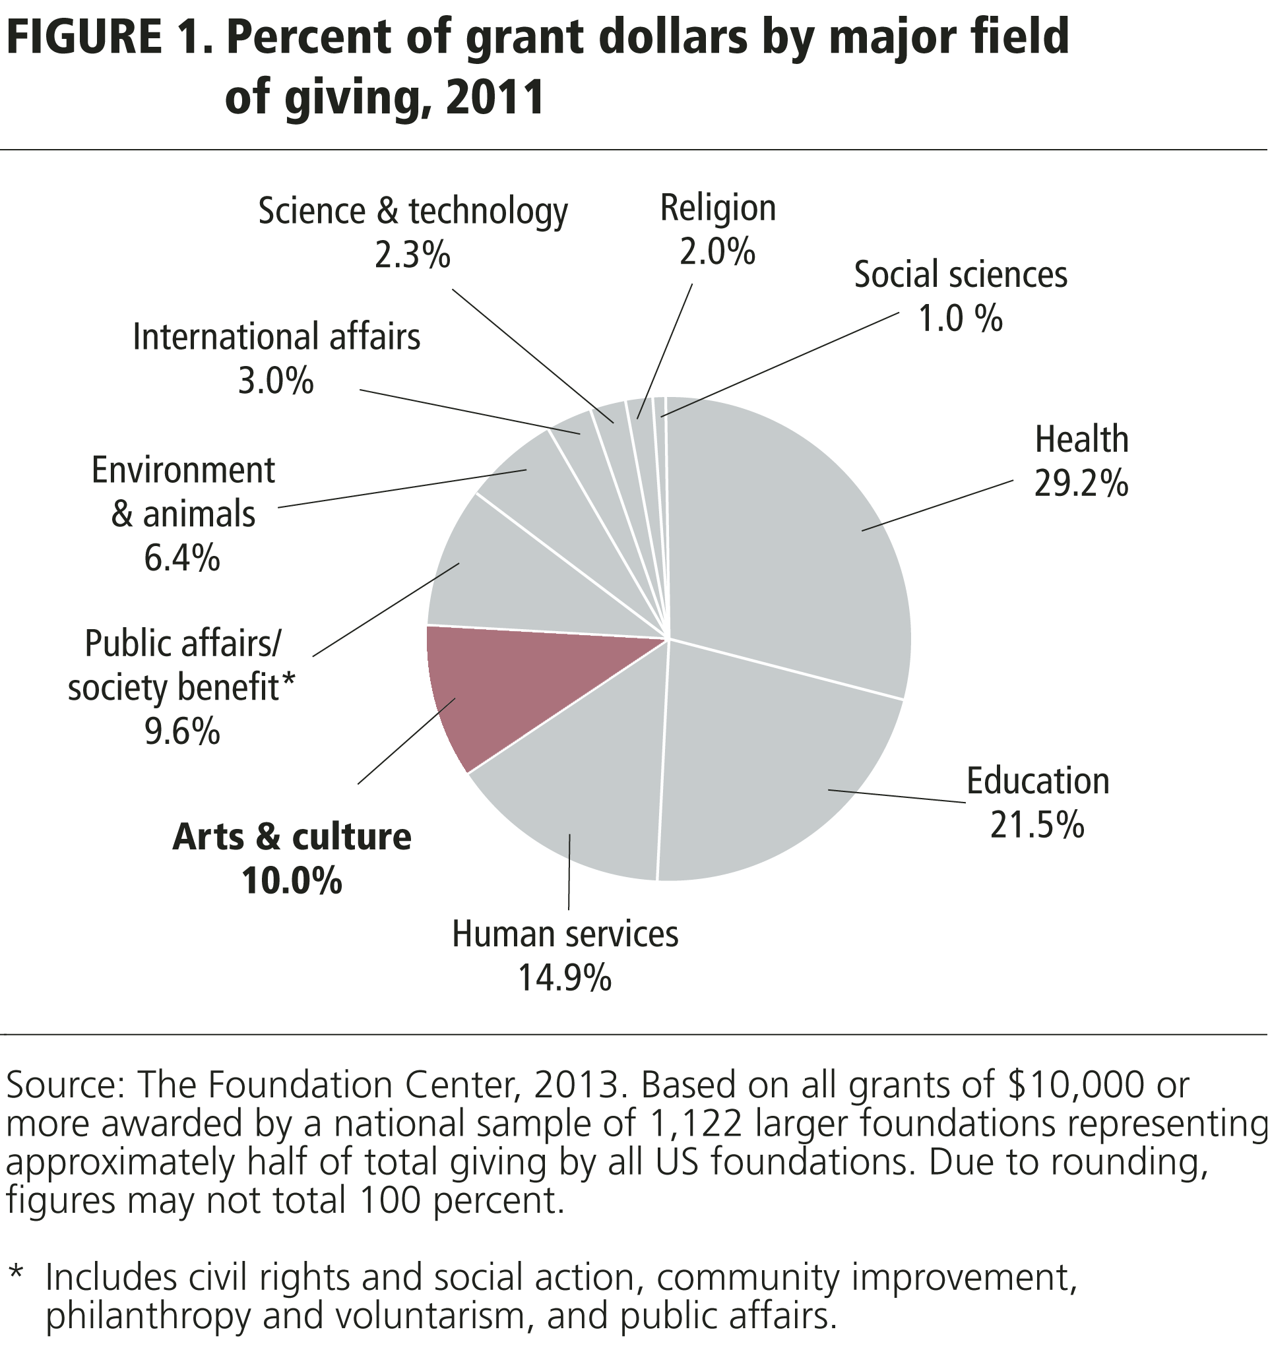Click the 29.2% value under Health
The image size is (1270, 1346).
coord(1082,485)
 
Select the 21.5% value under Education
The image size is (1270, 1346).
coord(1038,825)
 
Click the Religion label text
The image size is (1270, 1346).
coord(718,208)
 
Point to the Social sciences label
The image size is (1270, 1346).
coord(961,275)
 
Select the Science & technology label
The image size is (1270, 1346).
coord(413,212)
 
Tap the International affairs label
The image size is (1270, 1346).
coord(276,337)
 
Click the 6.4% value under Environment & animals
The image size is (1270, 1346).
coord(182,559)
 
